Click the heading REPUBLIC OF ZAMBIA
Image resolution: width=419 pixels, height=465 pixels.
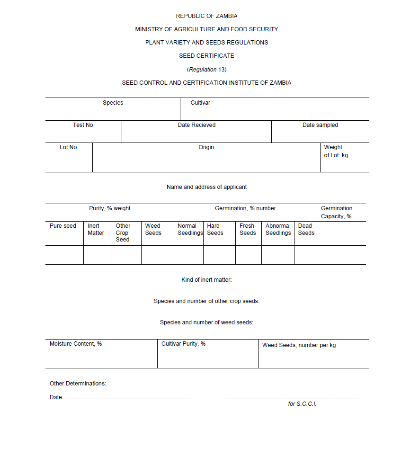[x=206, y=16]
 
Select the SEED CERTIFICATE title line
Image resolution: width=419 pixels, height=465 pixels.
[x=206, y=56]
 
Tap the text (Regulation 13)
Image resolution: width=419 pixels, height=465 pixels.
[x=207, y=70]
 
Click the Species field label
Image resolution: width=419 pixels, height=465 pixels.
[x=113, y=103]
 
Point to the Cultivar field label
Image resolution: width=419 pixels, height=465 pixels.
[x=200, y=103]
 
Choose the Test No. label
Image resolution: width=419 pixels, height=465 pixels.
[x=84, y=125]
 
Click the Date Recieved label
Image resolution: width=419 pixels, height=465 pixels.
[x=196, y=125]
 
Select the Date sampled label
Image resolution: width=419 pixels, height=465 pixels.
[x=320, y=125]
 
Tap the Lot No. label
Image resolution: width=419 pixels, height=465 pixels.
[x=69, y=147]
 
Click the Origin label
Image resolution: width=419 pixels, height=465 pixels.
[x=206, y=147]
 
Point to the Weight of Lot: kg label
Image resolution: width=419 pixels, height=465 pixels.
[x=336, y=151]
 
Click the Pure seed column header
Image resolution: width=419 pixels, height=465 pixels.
[x=63, y=226]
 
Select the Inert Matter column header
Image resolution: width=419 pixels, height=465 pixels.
[x=96, y=229]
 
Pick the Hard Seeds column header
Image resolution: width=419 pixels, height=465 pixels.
[x=215, y=229]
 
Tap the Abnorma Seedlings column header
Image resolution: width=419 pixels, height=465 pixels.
[x=278, y=229]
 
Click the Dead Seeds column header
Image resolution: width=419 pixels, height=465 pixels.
[x=306, y=229]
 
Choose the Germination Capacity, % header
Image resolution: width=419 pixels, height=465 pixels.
[x=337, y=212]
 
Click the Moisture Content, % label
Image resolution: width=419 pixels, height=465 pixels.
[x=76, y=344]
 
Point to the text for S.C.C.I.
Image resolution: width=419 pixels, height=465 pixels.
[x=302, y=404]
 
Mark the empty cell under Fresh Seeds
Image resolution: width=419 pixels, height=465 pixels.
[x=249, y=255]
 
